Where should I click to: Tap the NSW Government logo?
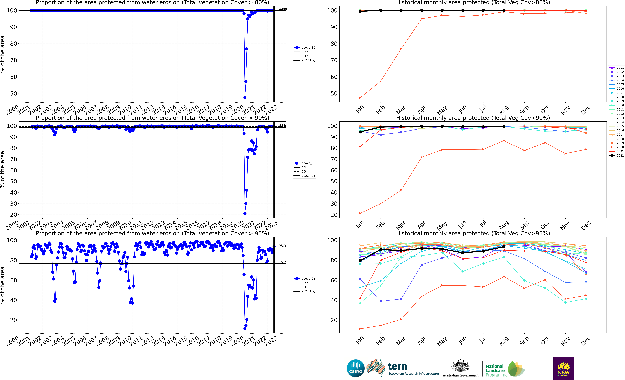click(563, 368)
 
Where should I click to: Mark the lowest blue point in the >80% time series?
click(245, 98)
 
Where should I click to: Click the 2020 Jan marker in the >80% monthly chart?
click(360, 98)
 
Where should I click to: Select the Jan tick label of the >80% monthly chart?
click(360, 109)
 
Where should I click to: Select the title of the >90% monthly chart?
click(473, 118)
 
